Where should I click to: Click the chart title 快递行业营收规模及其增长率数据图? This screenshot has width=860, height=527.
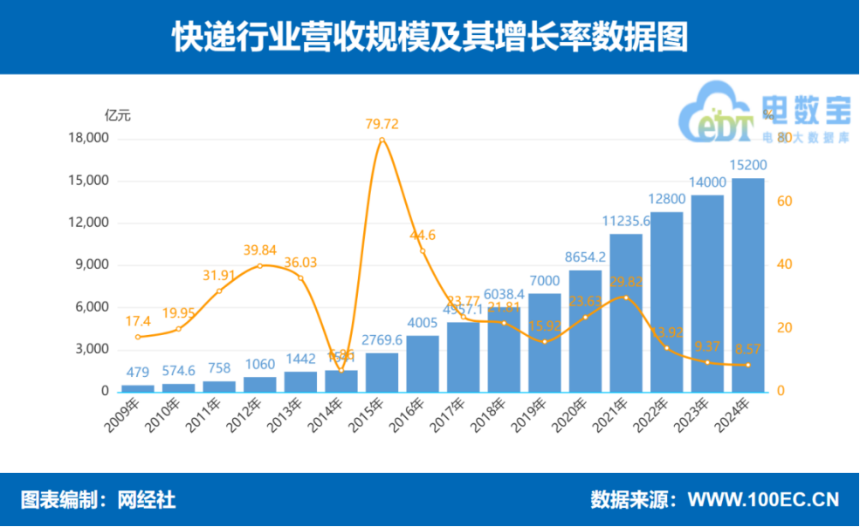pyautogui.click(x=430, y=37)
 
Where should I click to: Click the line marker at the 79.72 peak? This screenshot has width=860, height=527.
pyautogui.click(x=382, y=140)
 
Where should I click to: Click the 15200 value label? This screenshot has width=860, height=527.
pyautogui.click(x=747, y=166)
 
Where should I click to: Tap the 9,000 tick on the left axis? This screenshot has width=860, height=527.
pyautogui.click(x=93, y=265)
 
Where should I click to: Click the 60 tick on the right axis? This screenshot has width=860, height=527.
pyautogui.click(x=784, y=202)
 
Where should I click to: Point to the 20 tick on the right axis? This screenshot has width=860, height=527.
pyautogui.click(x=784, y=328)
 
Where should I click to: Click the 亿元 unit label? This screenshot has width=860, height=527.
pyautogui.click(x=118, y=115)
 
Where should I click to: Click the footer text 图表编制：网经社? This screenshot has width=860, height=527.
pyautogui.click(x=98, y=500)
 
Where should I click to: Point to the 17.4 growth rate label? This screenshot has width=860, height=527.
pyautogui.click(x=138, y=321)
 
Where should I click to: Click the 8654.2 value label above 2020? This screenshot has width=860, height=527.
pyautogui.click(x=585, y=257)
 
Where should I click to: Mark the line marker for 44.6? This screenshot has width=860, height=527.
pyautogui.click(x=423, y=251)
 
